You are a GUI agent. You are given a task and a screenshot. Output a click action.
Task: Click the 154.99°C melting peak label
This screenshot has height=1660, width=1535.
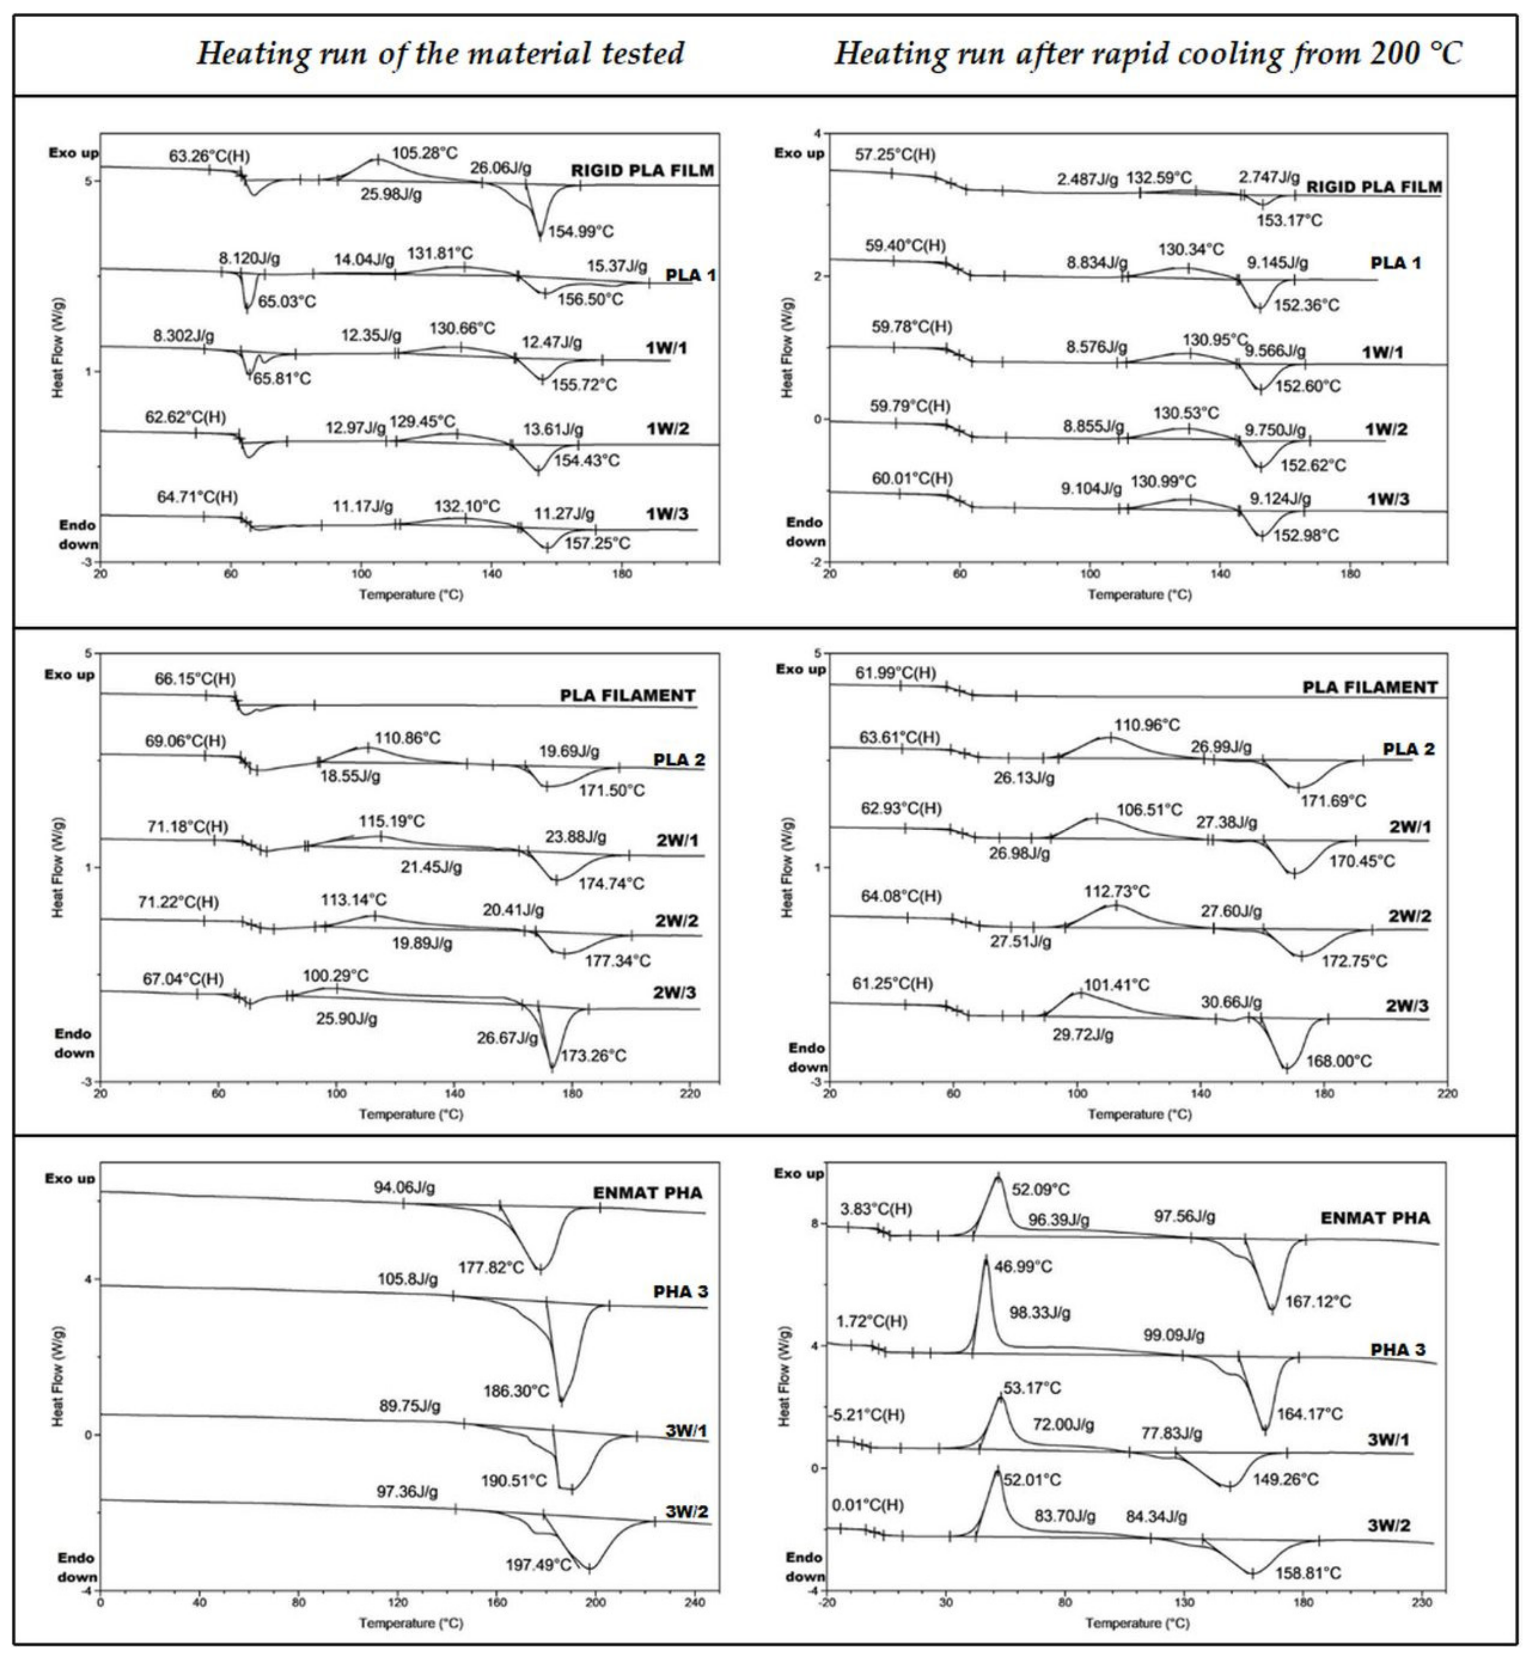[x=581, y=232]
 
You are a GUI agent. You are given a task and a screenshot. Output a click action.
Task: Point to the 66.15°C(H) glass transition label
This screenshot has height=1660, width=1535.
[x=195, y=679]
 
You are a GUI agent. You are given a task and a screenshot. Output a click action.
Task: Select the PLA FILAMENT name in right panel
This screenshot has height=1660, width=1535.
[x=1370, y=687]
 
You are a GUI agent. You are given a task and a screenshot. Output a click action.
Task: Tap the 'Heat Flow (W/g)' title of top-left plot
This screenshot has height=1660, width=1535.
[x=58, y=347]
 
